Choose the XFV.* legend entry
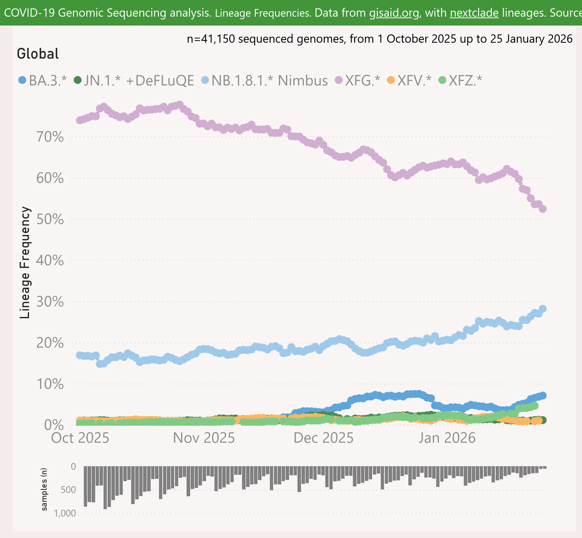coord(409,80)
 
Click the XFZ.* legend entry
coord(460,80)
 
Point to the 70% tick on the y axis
coord(50,137)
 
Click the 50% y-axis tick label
coord(50,219)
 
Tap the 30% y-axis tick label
coord(50,302)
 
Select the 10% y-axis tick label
coord(50,384)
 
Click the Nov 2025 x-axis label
coord(204,438)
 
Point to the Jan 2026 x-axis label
coord(447,438)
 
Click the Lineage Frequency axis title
coord(25,262)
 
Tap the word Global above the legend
coord(38,54)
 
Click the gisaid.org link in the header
coord(394,13)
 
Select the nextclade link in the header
coord(474,13)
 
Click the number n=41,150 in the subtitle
coord(211,39)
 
